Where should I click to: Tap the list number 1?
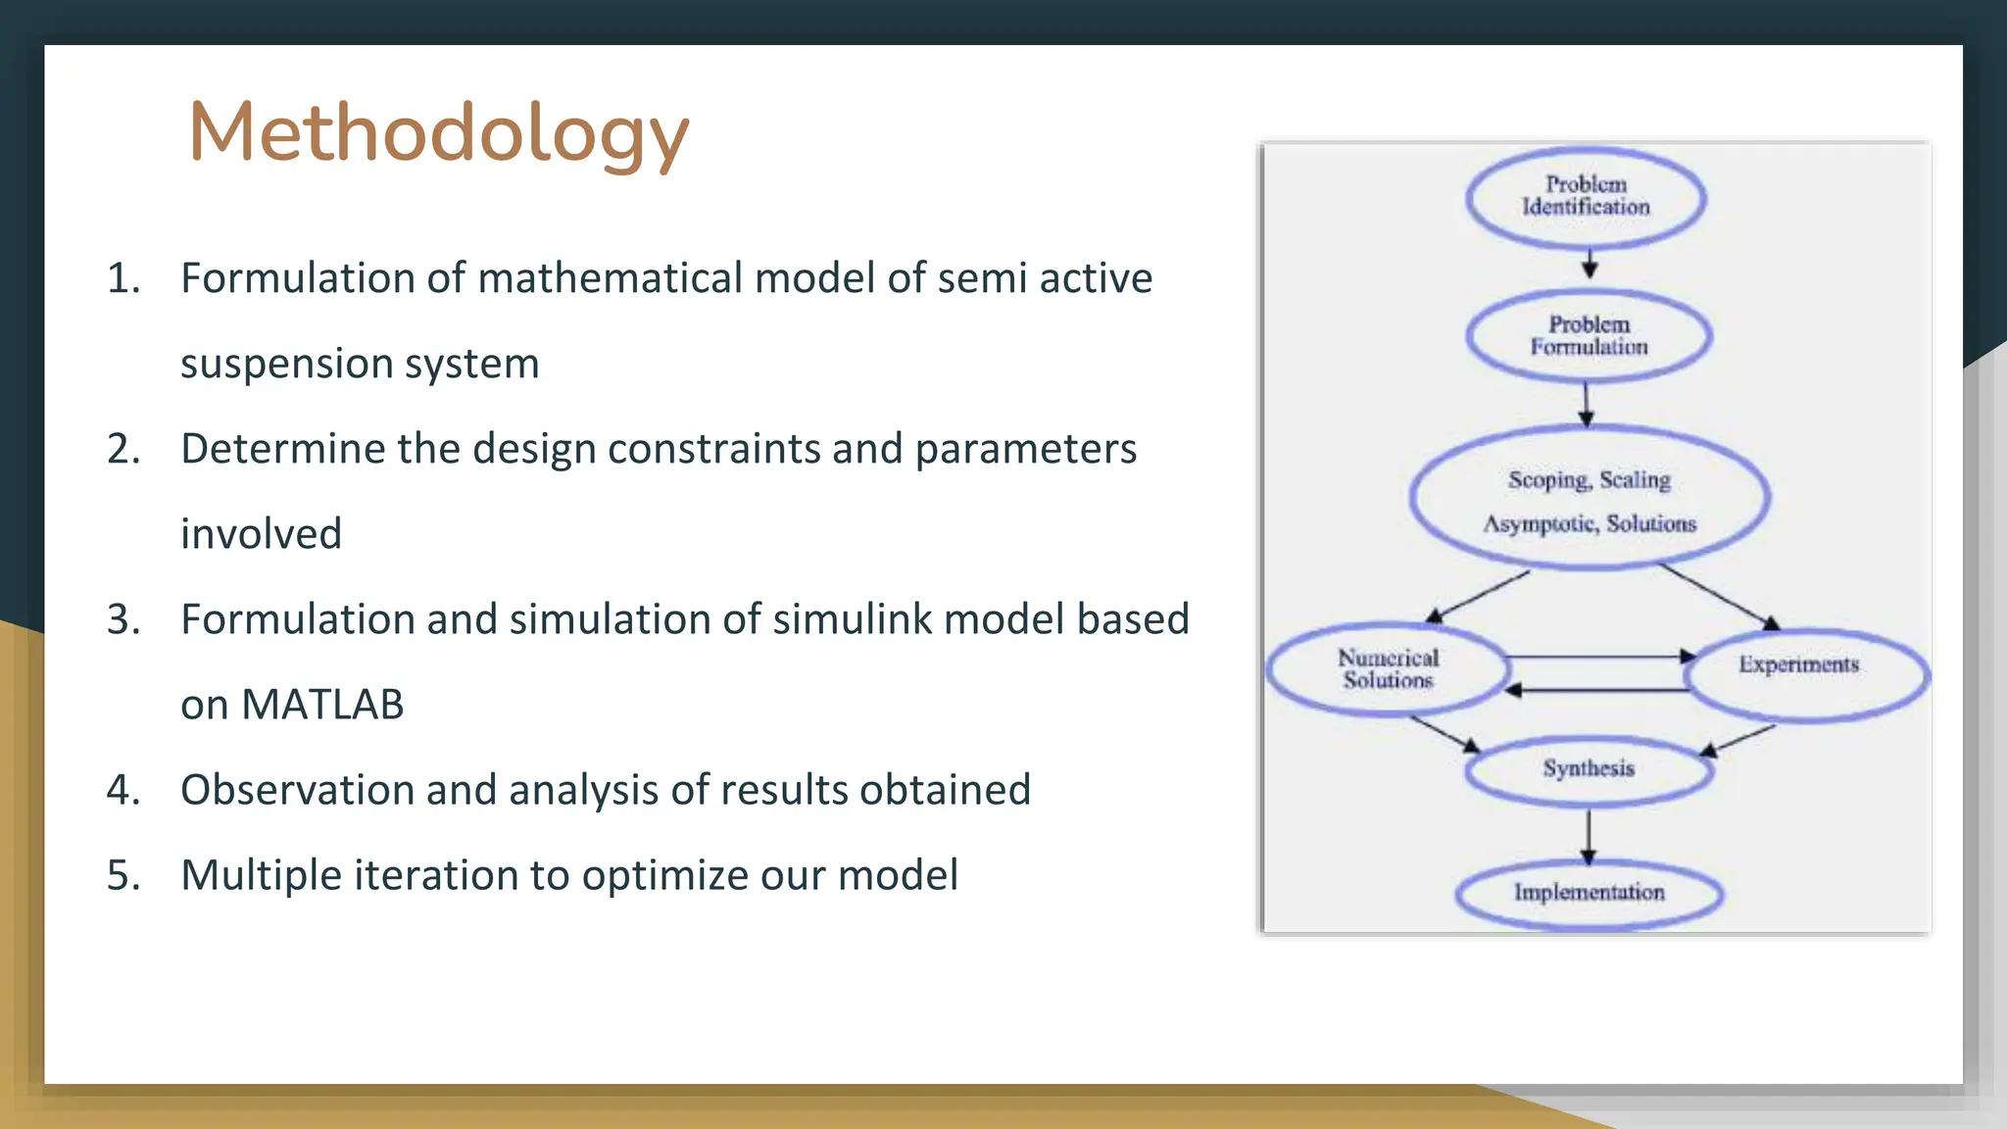pos(122,278)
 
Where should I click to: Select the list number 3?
pos(122,619)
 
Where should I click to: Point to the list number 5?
pos(122,875)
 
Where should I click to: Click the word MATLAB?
pos(322,705)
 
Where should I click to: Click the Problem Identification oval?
pos(1586,197)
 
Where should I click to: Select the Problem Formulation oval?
pos(1589,336)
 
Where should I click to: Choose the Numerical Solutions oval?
pos(1388,669)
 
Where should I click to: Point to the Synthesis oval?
pos(1589,770)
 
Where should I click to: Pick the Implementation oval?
pos(1589,893)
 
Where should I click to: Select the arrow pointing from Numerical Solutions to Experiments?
pos(1597,657)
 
